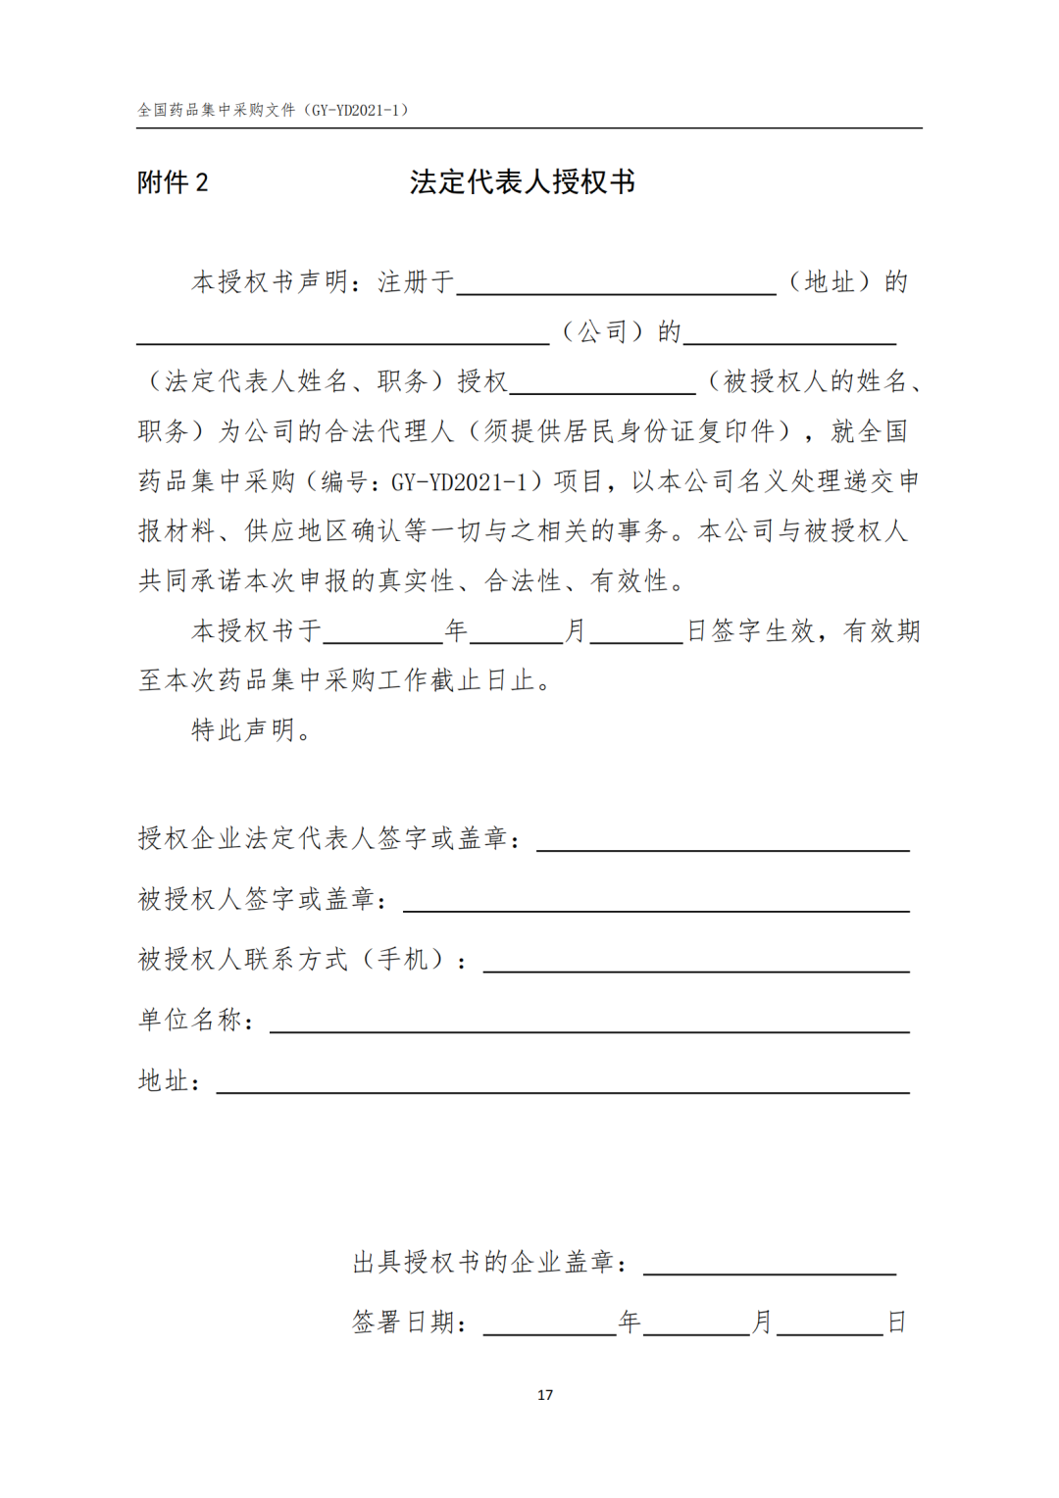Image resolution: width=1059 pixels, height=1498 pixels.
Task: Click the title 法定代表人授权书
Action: coord(523,182)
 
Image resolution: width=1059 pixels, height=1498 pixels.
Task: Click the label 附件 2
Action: coord(173,183)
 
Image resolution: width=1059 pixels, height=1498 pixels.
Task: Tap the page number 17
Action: coord(545,1395)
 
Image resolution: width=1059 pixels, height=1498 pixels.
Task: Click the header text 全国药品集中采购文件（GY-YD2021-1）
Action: coord(273,110)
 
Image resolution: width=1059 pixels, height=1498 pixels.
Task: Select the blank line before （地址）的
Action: coord(616,284)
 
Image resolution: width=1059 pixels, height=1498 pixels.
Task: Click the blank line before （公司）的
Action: coord(342,334)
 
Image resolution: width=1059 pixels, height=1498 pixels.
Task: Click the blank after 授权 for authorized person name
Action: coord(602,384)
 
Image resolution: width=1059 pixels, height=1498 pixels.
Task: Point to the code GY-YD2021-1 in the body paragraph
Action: coord(460,482)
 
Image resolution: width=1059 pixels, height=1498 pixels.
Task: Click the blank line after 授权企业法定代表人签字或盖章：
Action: coord(723,842)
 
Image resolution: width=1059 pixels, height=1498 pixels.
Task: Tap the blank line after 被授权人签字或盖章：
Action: coord(656,903)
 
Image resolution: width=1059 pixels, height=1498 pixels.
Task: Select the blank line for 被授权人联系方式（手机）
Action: coord(696,963)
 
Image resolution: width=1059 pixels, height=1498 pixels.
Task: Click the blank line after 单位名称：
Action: coord(589,1024)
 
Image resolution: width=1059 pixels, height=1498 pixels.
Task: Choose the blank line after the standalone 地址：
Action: coord(563,1084)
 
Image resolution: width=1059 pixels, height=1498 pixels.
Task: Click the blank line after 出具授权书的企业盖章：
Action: coord(770,1266)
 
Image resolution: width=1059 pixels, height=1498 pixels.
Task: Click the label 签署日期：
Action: coord(409,1323)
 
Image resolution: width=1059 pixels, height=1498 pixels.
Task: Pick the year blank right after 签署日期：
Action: coord(549,1326)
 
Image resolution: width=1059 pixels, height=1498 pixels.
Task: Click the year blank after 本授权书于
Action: coord(382,634)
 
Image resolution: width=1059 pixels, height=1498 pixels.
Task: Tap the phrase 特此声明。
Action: coord(252,730)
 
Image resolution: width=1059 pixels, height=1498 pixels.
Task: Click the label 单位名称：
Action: coord(197,1021)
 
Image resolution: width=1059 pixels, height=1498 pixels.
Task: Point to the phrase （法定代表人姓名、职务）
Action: coord(296,381)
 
